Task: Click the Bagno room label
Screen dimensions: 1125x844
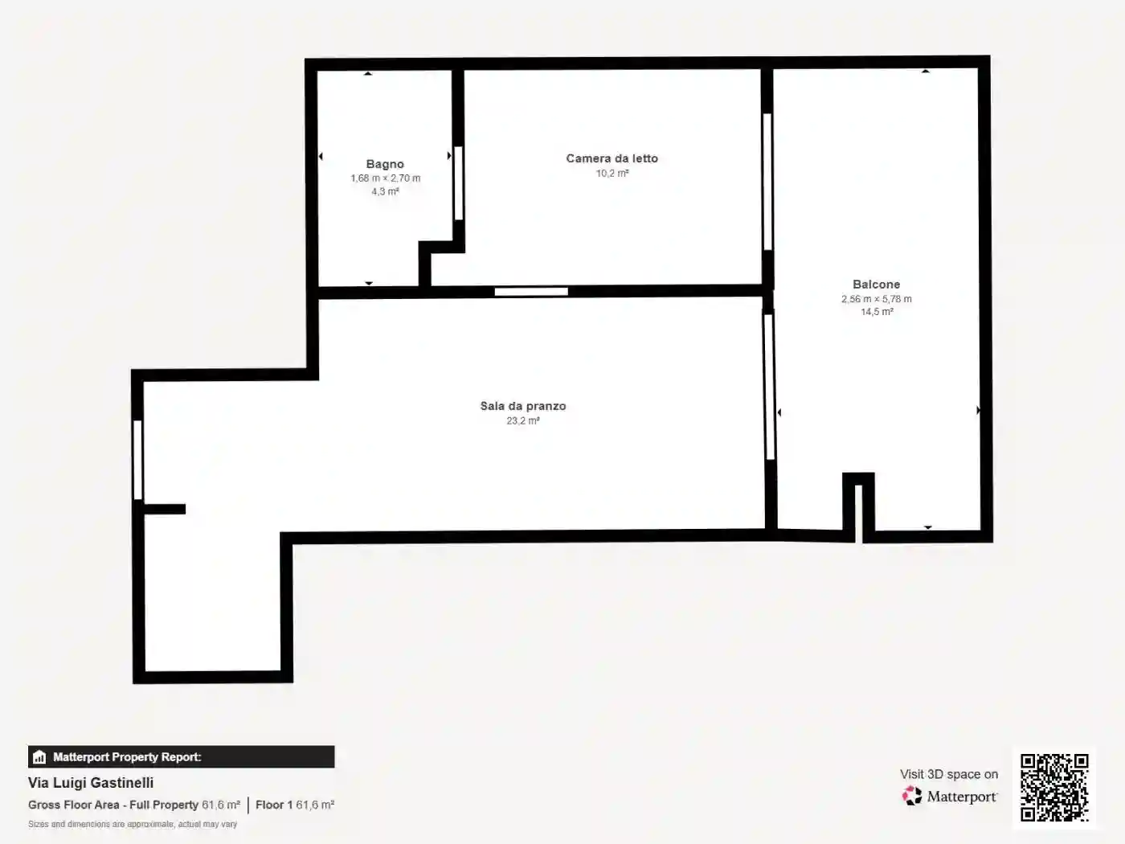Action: click(385, 165)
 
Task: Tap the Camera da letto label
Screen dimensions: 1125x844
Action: click(612, 158)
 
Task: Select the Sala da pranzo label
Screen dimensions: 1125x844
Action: click(523, 406)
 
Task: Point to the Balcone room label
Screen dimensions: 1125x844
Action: click(877, 285)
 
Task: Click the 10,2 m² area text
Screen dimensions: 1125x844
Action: click(612, 173)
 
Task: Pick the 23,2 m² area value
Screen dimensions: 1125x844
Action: click(523, 420)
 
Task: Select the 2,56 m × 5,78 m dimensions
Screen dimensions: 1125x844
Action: click(877, 299)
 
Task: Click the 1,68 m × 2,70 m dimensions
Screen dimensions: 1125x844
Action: click(386, 178)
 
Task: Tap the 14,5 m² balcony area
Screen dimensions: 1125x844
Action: click(877, 312)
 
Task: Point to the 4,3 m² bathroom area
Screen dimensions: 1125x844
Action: click(385, 191)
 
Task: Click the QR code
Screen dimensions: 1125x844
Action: click(1054, 788)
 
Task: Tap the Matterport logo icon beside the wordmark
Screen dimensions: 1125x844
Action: click(912, 796)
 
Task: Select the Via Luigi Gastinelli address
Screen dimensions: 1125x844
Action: click(91, 783)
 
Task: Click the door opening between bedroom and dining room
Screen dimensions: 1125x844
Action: click(531, 292)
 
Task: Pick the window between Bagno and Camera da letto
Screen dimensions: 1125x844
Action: click(459, 183)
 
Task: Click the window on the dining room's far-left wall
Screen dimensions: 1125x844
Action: click(137, 460)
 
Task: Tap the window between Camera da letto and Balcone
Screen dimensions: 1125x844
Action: click(767, 182)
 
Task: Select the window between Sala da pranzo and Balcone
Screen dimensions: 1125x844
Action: click(769, 387)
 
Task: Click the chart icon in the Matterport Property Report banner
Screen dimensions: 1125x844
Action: click(39, 757)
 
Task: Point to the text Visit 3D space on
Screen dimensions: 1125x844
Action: click(949, 774)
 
